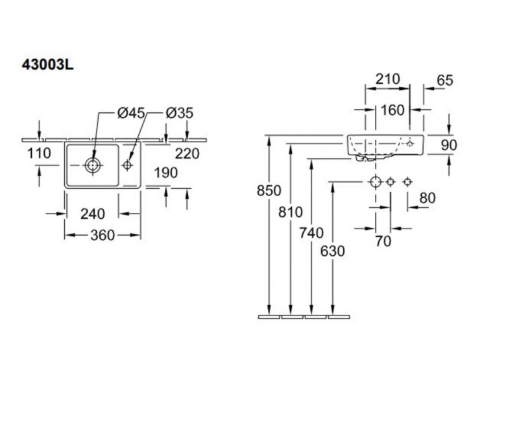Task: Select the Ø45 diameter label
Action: [x=131, y=113]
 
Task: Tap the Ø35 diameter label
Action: [x=179, y=113]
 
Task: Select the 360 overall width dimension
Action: [x=102, y=235]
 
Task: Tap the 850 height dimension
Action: [x=269, y=190]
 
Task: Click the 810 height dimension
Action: [x=291, y=211]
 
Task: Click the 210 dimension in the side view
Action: [x=387, y=79]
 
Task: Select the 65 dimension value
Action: [x=444, y=81]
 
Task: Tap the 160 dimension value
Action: [x=392, y=110]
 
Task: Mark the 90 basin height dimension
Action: [x=449, y=145]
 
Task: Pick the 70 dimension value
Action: [x=383, y=241]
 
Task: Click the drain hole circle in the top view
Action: [x=93, y=166]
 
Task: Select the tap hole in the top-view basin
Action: [x=128, y=166]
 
